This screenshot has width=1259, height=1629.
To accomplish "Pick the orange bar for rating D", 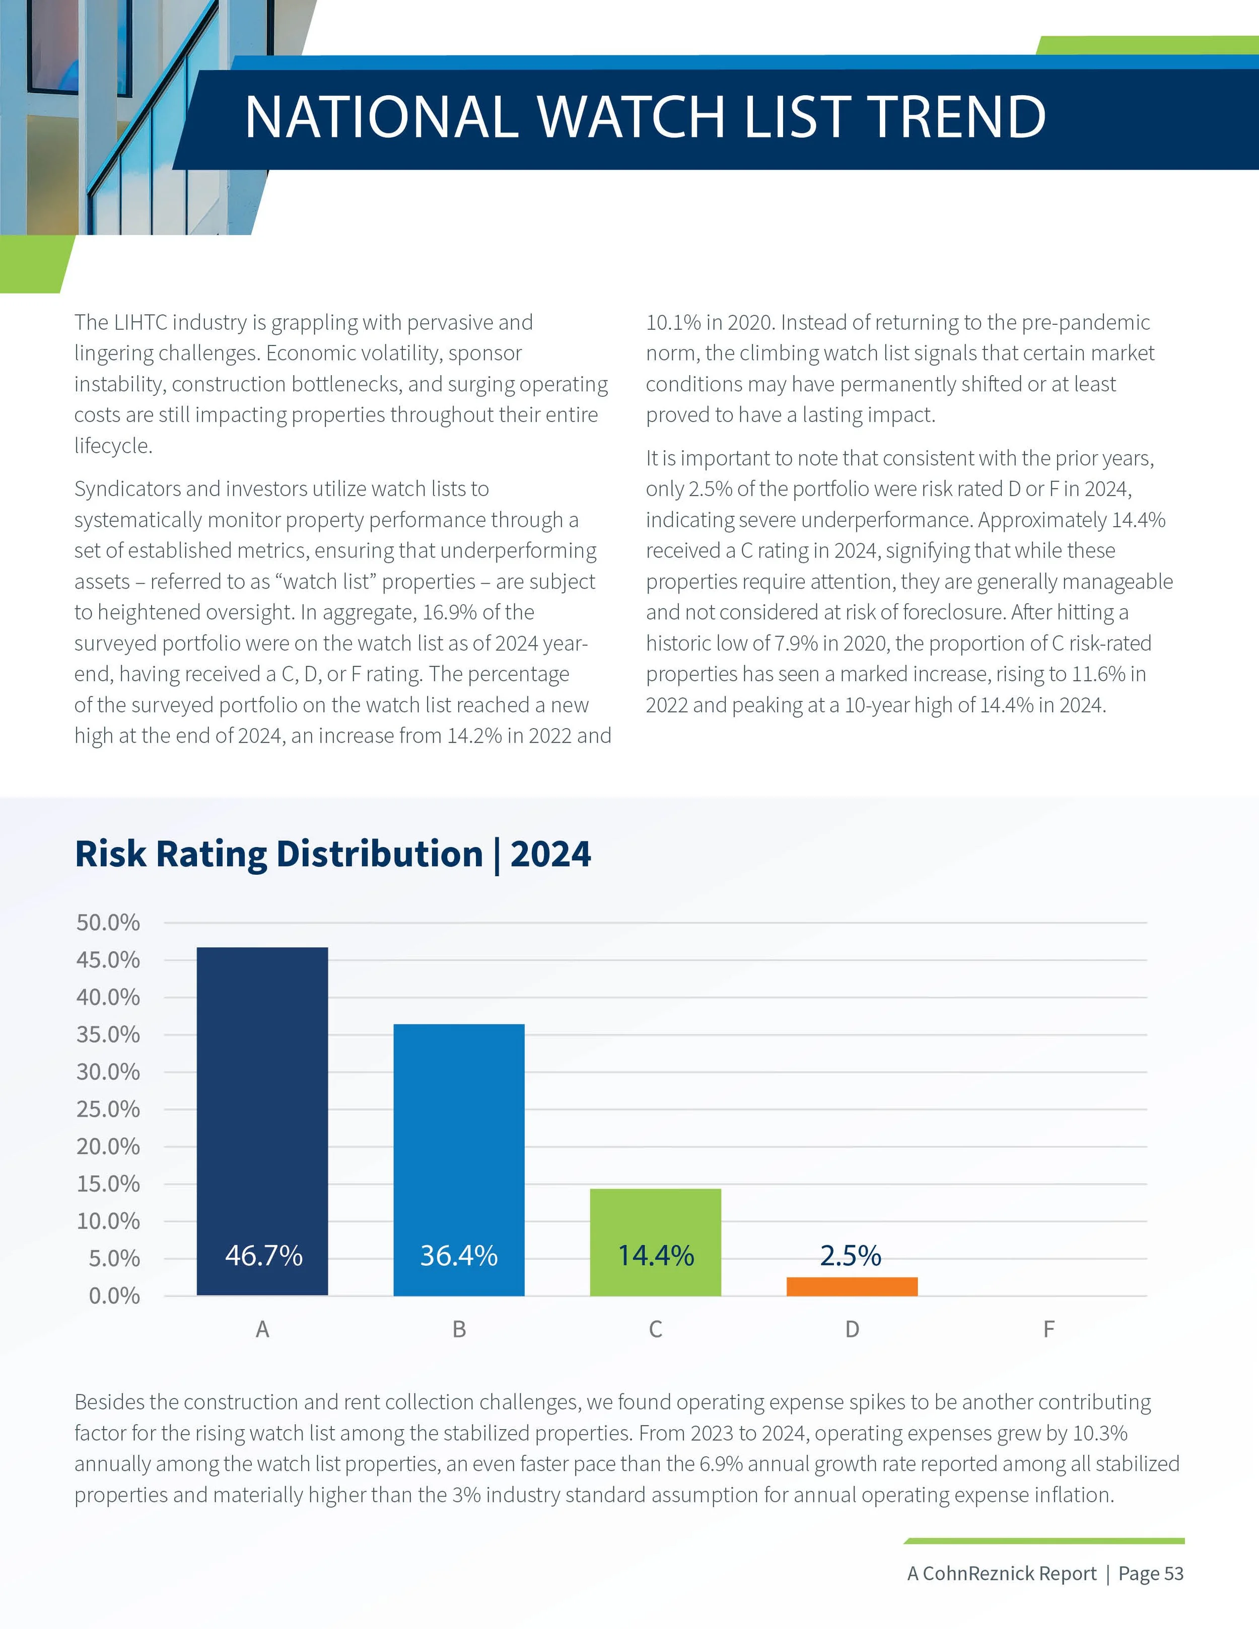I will [x=852, y=1287].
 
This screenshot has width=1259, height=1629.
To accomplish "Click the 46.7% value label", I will [x=263, y=1255].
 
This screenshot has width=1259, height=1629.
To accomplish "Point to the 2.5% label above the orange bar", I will [x=850, y=1255].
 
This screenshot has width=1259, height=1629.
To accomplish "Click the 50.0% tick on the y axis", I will [x=108, y=923].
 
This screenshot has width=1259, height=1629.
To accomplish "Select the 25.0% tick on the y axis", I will [x=108, y=1109].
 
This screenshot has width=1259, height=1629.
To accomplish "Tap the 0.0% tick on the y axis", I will [x=114, y=1296].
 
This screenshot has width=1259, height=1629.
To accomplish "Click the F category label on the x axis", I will [x=1048, y=1329].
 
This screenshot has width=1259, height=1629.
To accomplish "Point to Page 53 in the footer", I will [x=1151, y=1573].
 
